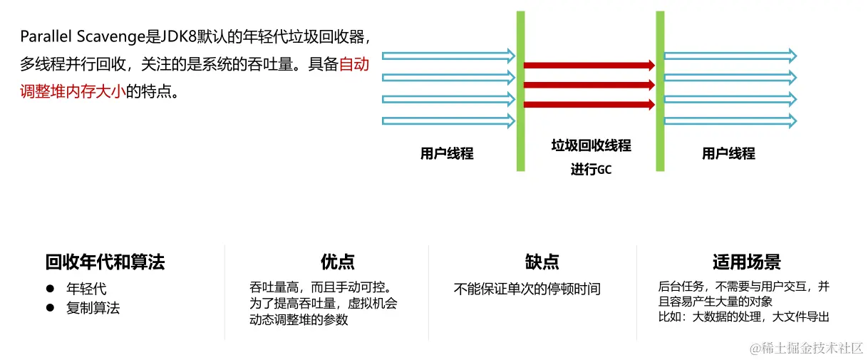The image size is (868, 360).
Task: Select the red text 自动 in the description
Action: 353,64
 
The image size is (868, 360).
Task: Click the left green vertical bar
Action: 521,91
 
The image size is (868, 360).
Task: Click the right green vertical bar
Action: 660,91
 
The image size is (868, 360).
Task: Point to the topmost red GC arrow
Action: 589,65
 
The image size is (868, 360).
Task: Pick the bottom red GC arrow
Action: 589,105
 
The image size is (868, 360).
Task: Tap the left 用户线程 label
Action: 447,153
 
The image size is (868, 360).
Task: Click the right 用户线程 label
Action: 728,153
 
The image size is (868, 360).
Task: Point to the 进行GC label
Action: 591,170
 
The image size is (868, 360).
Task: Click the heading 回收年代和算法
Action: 105,262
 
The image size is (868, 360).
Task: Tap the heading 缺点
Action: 542,262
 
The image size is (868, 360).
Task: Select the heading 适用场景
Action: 746,262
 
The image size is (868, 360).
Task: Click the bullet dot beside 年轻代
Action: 50,289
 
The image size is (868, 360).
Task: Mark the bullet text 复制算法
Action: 93,308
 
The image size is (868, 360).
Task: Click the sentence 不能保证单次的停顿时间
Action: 527,289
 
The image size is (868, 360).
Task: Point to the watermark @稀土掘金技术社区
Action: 805,348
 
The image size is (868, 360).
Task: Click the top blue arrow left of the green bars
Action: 448,56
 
